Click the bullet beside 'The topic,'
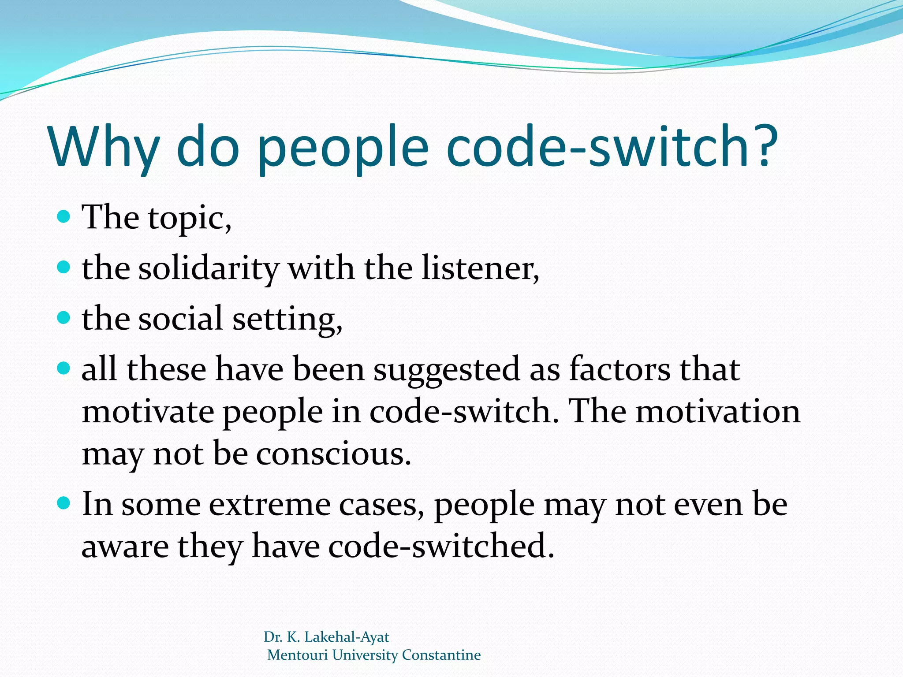[64, 216]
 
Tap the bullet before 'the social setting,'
[64, 317]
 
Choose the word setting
[287, 319]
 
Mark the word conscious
[333, 454]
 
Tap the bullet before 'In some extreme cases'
[64, 502]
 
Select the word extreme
[269, 505]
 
